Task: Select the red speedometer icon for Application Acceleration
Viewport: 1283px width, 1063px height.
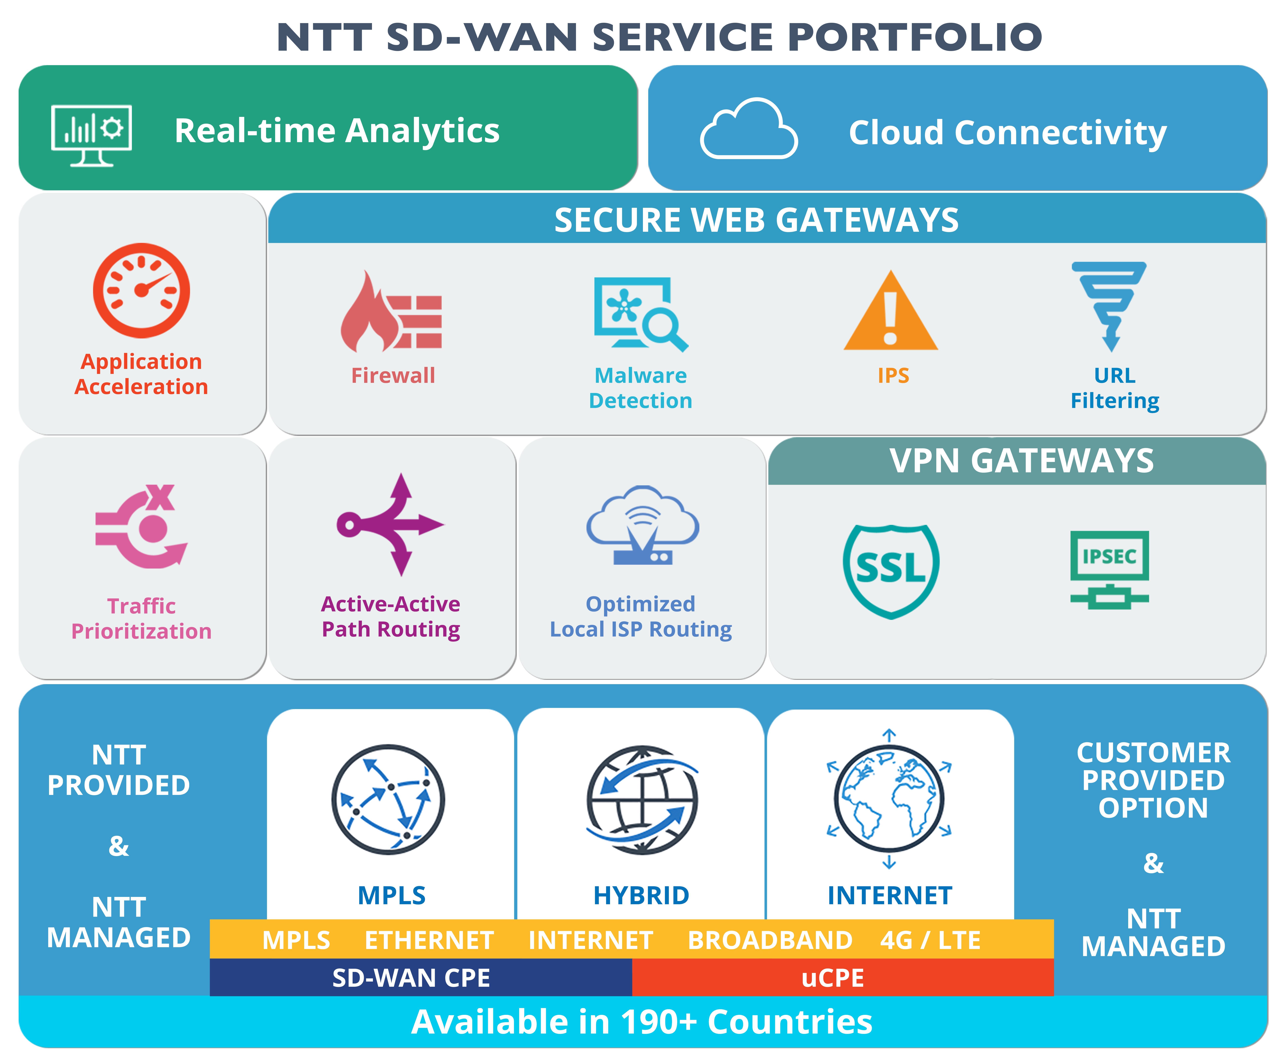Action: pyautogui.click(x=141, y=291)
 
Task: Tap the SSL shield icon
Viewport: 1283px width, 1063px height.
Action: pyautogui.click(x=891, y=570)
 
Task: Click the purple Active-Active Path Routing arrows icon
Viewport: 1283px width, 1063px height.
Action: pyautogui.click(x=391, y=524)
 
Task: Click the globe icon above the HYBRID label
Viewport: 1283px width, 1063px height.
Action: pyautogui.click(x=642, y=799)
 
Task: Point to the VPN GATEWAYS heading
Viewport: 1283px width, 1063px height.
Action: pyautogui.click(x=1022, y=461)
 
